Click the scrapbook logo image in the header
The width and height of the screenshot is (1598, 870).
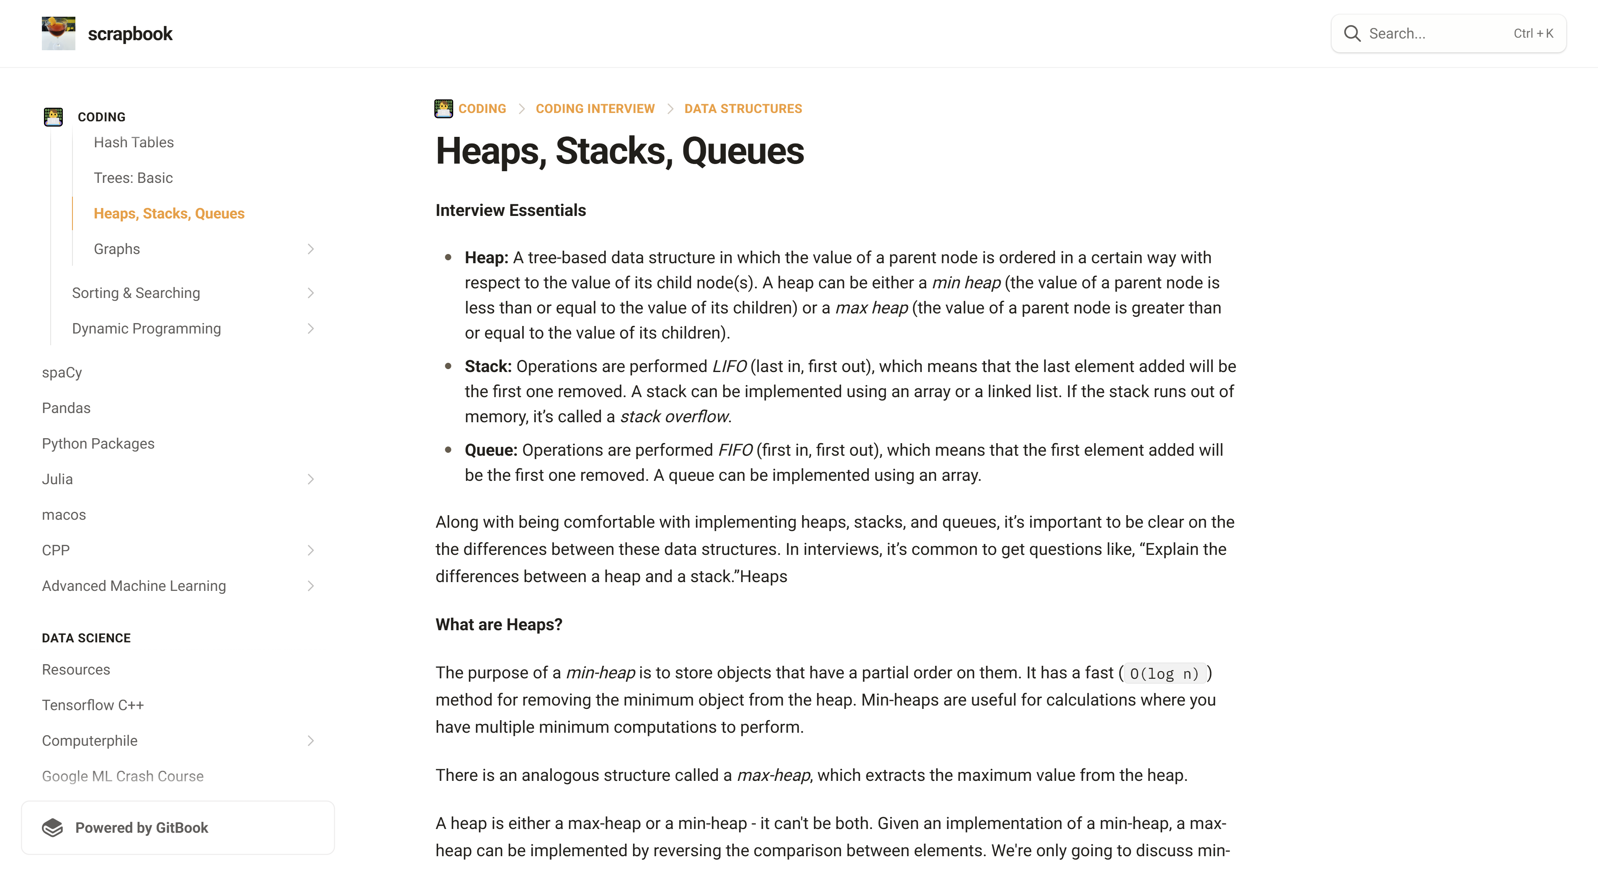(x=58, y=33)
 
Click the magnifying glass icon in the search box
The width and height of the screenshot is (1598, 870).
(x=1352, y=33)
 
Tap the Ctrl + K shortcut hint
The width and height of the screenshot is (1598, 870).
(x=1533, y=33)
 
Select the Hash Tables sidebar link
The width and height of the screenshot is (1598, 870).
(x=133, y=143)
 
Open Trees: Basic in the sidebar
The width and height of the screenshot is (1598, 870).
(x=133, y=178)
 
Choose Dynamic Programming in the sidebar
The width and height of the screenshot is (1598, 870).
(x=147, y=328)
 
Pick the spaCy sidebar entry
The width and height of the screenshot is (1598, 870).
(x=62, y=373)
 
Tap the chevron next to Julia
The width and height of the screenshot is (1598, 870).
(x=311, y=479)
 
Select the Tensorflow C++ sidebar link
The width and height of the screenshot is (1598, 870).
(x=93, y=705)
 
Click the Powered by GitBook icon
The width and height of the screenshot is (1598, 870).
(x=53, y=828)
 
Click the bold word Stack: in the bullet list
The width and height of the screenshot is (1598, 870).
(x=487, y=367)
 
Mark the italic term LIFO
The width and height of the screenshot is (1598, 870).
(x=729, y=367)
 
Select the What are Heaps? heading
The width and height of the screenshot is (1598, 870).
(x=498, y=624)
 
